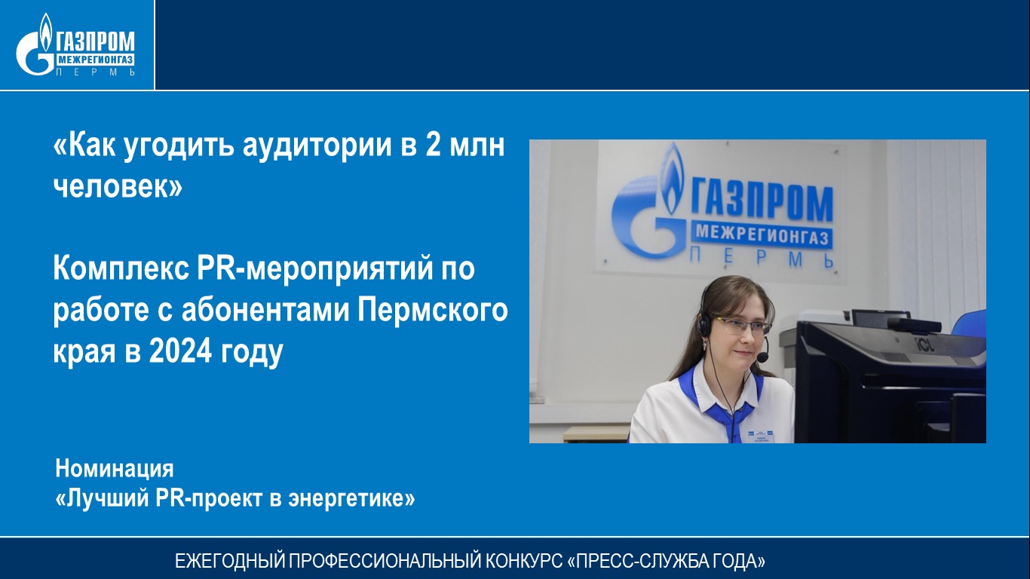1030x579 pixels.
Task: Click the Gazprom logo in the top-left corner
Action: coord(75,44)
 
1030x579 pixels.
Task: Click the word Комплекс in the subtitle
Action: coord(121,268)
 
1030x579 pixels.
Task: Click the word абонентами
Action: coord(265,311)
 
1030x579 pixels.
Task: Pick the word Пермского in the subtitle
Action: coord(433,311)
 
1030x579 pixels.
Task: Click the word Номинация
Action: coord(115,469)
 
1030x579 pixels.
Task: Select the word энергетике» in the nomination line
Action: coord(351,499)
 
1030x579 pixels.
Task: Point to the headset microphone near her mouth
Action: coord(762,356)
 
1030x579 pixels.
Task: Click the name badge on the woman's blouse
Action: coord(761,436)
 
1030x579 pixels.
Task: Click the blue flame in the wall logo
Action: coord(672,179)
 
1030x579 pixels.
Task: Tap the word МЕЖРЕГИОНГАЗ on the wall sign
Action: coord(762,235)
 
